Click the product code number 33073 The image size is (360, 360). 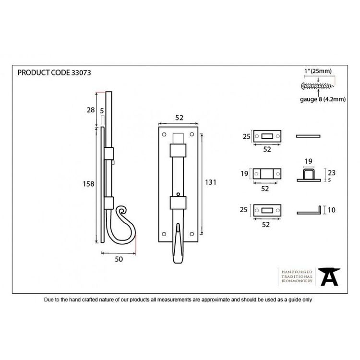(x=81, y=73)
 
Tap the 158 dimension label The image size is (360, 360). (x=88, y=184)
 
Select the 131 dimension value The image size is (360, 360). (x=211, y=182)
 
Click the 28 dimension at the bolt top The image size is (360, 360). (x=91, y=110)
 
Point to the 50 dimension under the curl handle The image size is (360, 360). (x=119, y=259)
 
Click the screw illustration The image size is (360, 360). (x=318, y=86)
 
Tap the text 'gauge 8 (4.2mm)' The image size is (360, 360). (x=323, y=99)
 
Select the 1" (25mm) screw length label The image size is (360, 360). (x=318, y=71)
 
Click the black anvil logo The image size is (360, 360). (x=329, y=276)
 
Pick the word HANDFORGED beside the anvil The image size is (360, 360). (x=297, y=272)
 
